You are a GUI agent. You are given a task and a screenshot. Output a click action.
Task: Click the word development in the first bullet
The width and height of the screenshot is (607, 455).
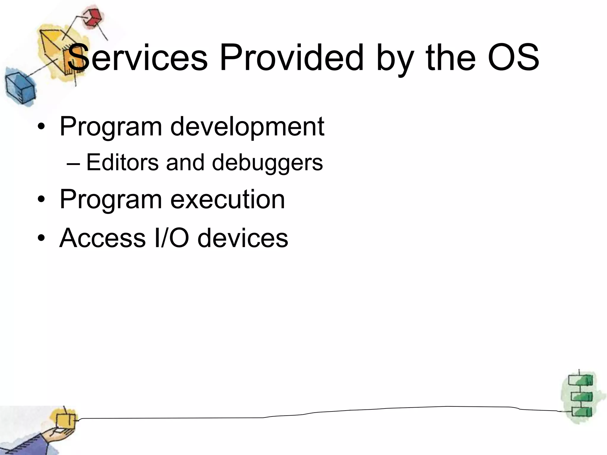247,127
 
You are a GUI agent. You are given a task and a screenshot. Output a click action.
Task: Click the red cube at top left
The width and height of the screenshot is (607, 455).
92,18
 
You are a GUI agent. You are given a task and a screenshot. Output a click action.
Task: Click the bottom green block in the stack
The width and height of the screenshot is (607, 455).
581,412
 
